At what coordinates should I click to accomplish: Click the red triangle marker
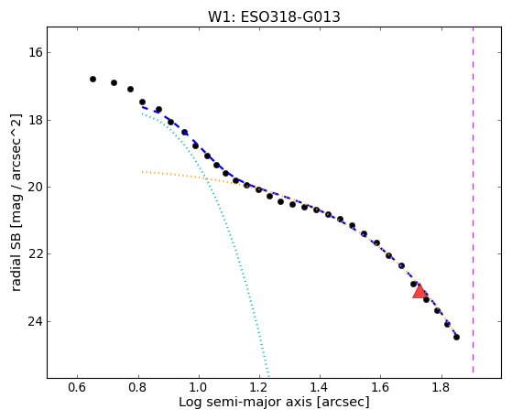coord(419,291)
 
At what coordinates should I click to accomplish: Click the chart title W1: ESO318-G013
coord(274,16)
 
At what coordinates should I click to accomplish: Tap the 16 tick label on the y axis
coord(36,52)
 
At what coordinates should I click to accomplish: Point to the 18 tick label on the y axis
coord(36,120)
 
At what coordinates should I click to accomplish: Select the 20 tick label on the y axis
coord(36,187)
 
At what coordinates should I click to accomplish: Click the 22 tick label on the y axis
coord(36,253)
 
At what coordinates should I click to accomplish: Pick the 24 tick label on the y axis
coord(36,321)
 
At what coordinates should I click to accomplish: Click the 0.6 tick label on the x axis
coord(77,388)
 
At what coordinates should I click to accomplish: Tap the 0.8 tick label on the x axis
coord(138,388)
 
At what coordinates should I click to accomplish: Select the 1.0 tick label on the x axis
coord(199,388)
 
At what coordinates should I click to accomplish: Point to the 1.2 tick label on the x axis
coord(259,388)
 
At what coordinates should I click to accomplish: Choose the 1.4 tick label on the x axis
coord(320,388)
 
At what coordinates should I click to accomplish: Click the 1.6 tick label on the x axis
coord(380,388)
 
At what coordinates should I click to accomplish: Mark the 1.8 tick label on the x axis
coord(441,388)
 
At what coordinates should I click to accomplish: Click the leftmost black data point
coord(93,79)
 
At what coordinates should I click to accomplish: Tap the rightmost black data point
coord(456,337)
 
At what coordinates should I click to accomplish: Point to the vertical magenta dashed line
coord(473,199)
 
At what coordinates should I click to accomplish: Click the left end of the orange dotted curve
coord(142,172)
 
